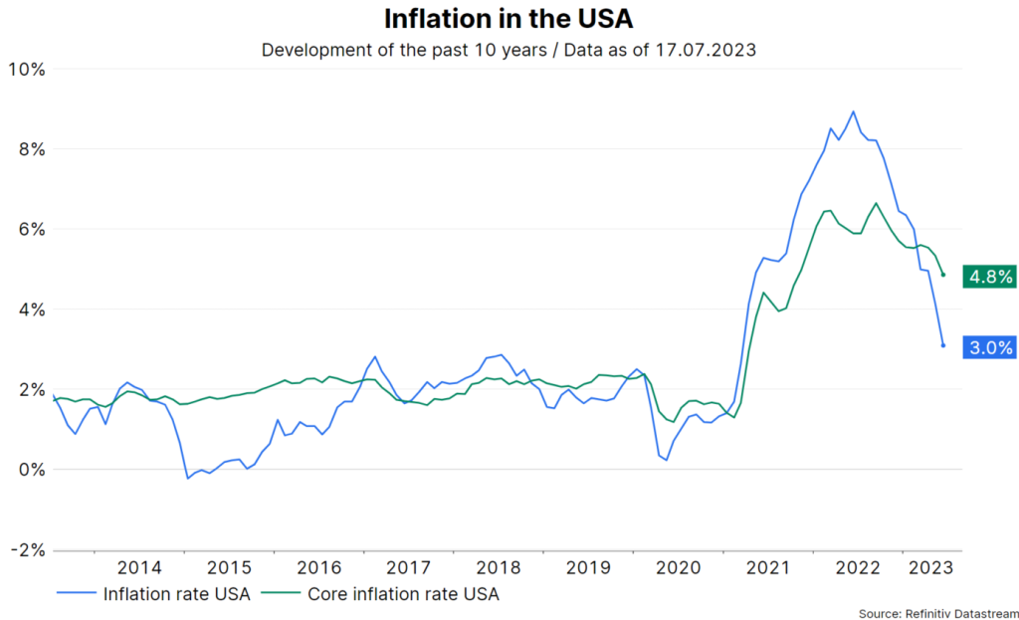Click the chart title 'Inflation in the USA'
(x=509, y=19)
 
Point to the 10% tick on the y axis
(x=26, y=70)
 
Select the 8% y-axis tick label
(x=30, y=149)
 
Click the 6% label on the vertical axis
(x=30, y=230)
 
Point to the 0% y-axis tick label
(x=30, y=470)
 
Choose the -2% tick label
(x=26, y=550)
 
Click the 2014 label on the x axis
(x=139, y=568)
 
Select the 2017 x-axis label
(x=408, y=568)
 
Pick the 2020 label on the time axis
(x=678, y=568)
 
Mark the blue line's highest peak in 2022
(x=853, y=111)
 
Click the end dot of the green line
(x=942, y=276)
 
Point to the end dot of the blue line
(x=942, y=345)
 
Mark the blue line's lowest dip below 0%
(x=187, y=479)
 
